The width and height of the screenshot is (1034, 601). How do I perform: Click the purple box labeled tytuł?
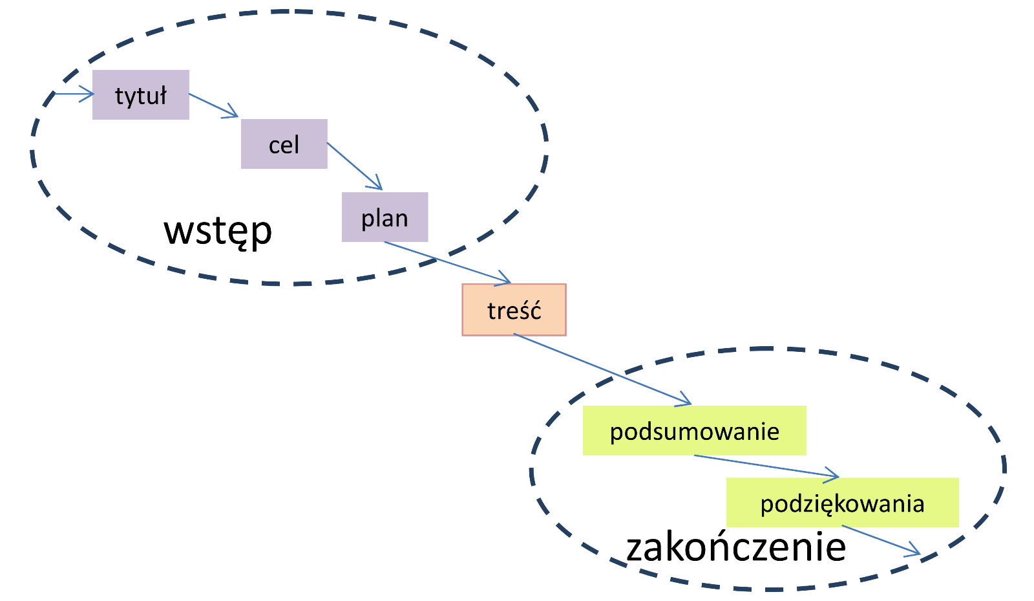pyautogui.click(x=141, y=94)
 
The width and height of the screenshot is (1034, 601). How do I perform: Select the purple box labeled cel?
pyautogui.click(x=284, y=144)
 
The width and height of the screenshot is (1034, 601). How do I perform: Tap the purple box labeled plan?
pyautogui.click(x=385, y=217)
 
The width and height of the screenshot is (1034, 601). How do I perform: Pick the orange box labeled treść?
pyautogui.click(x=514, y=309)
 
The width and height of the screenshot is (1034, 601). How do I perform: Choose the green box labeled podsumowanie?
pyautogui.click(x=694, y=430)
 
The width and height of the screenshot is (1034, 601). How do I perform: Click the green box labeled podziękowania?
pyautogui.click(x=842, y=502)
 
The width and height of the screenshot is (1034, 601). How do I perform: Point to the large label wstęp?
pyautogui.click(x=218, y=230)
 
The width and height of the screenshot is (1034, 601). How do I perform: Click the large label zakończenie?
pyautogui.click(x=736, y=547)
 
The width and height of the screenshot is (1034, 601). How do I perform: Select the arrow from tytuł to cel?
pyautogui.click(x=213, y=105)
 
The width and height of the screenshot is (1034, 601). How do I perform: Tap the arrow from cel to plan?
pyautogui.click(x=354, y=166)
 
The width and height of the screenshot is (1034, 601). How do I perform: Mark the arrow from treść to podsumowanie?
pyautogui.click(x=601, y=369)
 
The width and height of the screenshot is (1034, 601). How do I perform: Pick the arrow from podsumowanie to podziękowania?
pyautogui.click(x=766, y=466)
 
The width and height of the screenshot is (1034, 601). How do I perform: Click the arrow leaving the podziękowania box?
pyautogui.click(x=881, y=540)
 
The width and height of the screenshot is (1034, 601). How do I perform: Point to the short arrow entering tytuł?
pyautogui.click(x=74, y=94)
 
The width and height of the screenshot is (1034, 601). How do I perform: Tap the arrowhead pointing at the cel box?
pyautogui.click(x=233, y=115)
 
